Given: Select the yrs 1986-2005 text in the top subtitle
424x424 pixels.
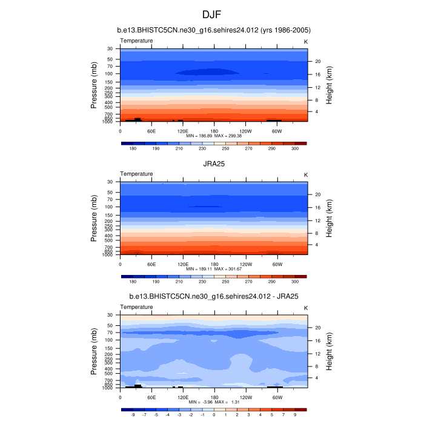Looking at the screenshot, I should (x=283, y=30).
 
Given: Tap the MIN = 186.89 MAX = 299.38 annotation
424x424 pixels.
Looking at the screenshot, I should (x=214, y=136).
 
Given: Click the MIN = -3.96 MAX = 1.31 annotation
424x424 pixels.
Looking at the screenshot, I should (x=214, y=402).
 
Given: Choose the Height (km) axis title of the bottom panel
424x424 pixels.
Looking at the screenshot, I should (x=330, y=351).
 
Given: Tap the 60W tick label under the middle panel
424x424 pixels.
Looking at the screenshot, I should (x=277, y=264).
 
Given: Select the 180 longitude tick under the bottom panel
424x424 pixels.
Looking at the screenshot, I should (x=214, y=398).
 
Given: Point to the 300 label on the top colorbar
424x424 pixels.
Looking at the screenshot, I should (x=295, y=148).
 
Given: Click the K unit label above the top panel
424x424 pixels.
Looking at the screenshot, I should (x=306, y=41).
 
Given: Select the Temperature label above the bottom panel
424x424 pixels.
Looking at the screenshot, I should (x=136, y=307).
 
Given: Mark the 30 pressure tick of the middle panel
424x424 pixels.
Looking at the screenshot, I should (x=111, y=182).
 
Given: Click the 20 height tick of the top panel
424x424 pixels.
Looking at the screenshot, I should (x=317, y=61).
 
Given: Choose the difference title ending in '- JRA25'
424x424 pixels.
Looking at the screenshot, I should (x=214, y=297).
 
